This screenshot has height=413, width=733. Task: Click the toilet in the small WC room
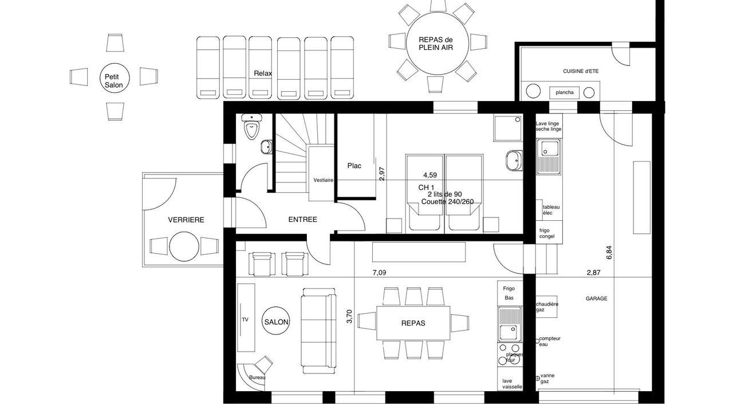(x=251, y=127)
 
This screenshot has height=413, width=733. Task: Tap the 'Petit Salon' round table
(x=115, y=78)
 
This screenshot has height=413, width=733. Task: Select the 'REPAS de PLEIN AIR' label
(x=436, y=44)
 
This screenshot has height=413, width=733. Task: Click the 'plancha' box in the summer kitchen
(x=565, y=93)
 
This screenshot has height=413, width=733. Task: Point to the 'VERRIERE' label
(x=186, y=220)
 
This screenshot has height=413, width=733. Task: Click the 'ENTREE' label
(x=303, y=220)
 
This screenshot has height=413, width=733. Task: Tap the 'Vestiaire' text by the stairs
(x=324, y=180)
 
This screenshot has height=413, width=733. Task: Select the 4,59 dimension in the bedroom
(x=430, y=175)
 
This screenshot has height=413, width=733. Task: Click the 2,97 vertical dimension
(x=381, y=174)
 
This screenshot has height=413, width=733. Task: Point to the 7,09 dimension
(x=379, y=272)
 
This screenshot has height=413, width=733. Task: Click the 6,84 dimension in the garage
(x=609, y=253)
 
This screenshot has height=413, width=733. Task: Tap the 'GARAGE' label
(x=596, y=299)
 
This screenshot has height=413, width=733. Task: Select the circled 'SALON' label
(x=276, y=322)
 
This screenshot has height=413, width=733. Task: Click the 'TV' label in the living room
(x=245, y=320)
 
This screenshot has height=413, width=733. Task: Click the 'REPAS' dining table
(x=413, y=323)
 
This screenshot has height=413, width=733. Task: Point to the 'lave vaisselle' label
(x=512, y=384)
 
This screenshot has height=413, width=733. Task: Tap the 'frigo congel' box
(x=549, y=232)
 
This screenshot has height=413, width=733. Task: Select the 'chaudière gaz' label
(x=547, y=307)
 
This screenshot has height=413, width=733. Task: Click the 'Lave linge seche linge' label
(x=549, y=126)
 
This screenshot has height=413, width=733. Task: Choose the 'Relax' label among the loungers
(x=263, y=73)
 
